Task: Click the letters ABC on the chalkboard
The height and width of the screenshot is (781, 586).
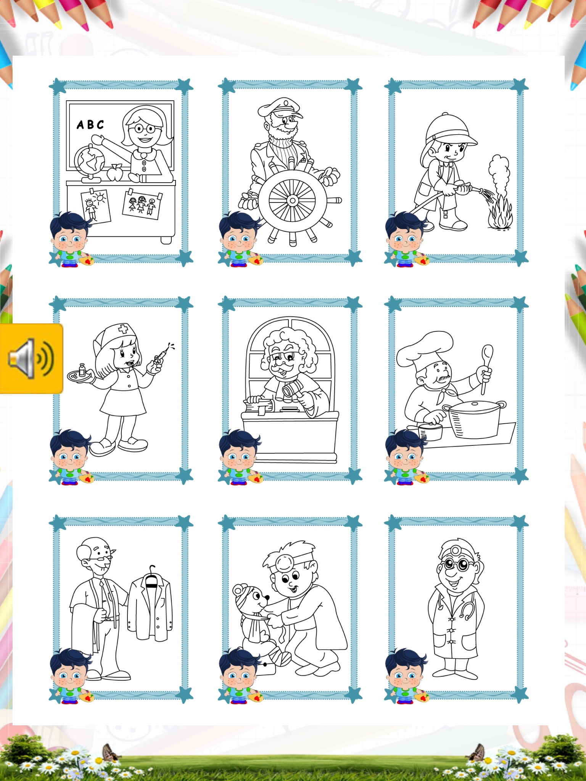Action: coord(90,125)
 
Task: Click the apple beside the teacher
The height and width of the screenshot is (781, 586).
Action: coord(114,172)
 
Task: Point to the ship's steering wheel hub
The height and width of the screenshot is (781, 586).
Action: coord(292,200)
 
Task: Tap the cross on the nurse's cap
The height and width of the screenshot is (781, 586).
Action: coord(123,329)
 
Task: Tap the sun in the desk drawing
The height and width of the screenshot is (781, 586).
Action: coord(100,197)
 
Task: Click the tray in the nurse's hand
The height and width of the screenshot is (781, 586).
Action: coord(81,376)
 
